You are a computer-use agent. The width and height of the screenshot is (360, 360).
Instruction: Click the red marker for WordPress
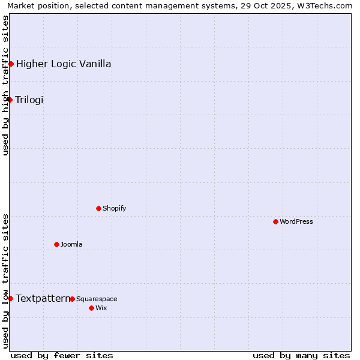[x=275, y=221]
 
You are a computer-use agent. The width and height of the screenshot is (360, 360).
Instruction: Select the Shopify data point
[x=98, y=208]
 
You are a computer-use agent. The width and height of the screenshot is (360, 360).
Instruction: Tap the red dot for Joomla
[x=56, y=244]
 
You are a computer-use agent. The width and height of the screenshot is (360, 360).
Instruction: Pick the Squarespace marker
[x=72, y=299]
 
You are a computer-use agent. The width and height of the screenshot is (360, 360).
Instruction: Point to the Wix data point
[x=91, y=308]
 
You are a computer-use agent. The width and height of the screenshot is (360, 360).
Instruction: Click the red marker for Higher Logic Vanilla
[x=11, y=64]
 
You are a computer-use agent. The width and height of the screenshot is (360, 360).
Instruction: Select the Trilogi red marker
[x=10, y=100]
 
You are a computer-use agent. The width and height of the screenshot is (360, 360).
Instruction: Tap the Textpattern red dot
[x=10, y=298]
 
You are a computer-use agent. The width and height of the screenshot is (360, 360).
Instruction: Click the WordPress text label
[x=296, y=221]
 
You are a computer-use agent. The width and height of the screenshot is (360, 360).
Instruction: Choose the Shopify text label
[x=114, y=208]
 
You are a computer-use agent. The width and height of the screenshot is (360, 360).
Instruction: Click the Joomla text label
[x=71, y=244]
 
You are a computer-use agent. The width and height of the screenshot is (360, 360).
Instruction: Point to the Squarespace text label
[x=97, y=299]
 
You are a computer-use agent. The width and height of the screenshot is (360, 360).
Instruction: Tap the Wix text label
[x=101, y=308]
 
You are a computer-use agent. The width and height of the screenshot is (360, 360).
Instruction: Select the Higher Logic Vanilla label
[x=64, y=64]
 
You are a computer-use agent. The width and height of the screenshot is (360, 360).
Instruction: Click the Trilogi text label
[x=29, y=100]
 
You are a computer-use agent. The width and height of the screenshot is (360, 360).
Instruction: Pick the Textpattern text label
[x=43, y=298]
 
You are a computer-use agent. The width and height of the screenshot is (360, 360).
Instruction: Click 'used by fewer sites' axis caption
[x=62, y=355]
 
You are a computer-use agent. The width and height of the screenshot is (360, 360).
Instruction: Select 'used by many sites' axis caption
[x=301, y=355]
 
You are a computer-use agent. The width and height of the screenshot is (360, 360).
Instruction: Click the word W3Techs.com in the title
[x=325, y=6]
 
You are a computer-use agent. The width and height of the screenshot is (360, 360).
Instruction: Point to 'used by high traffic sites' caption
[x=6, y=85]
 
